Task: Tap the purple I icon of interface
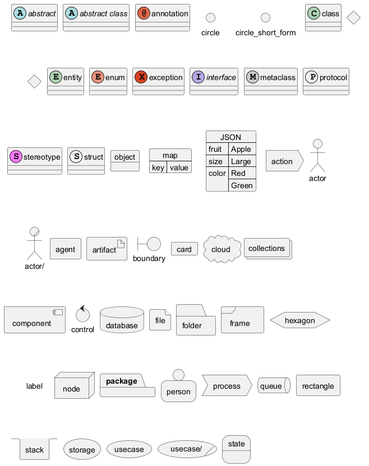point(199,78)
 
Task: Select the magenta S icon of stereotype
point(16,157)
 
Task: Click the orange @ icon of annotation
point(144,13)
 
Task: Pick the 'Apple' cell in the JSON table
point(241,149)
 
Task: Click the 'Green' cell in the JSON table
point(242,185)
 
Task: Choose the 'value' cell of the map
point(179,167)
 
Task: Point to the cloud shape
point(222,249)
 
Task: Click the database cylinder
point(122,320)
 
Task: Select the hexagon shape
point(299,321)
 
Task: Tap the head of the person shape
point(178,375)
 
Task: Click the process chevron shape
point(227,386)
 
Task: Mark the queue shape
point(273,386)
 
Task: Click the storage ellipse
point(82,449)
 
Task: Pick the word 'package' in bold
point(122,381)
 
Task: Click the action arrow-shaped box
point(284,161)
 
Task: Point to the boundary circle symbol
point(154,244)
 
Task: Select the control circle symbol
point(82,315)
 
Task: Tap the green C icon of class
point(314,13)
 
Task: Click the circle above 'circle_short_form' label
point(265,18)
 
